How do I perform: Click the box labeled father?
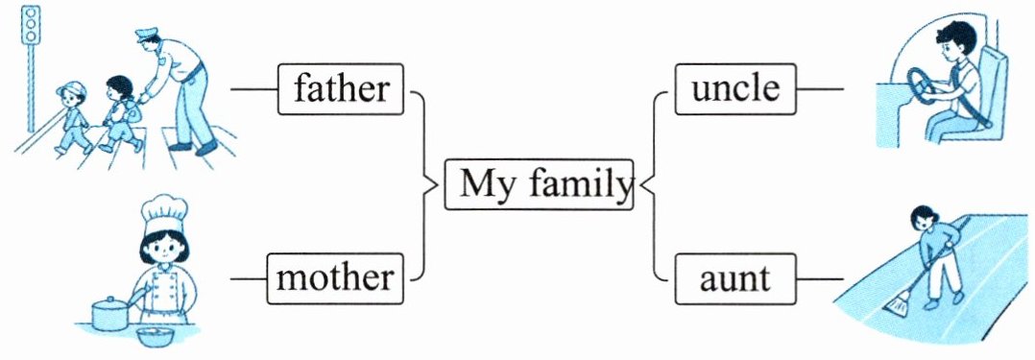pos(340,89)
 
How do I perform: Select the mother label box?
pos(335,278)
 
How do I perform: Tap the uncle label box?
pos(735,88)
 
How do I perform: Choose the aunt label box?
pos(734,278)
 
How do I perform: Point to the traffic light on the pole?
pos(31,25)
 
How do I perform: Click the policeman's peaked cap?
pos(148,34)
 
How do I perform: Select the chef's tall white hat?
pos(164,214)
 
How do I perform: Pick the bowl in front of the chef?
pos(156,335)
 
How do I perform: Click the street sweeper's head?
pos(923,217)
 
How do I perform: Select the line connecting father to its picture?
pos(254,89)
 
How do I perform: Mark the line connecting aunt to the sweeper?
pos(819,278)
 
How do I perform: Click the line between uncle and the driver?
pos(819,88)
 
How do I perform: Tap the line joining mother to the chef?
pos(249,278)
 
